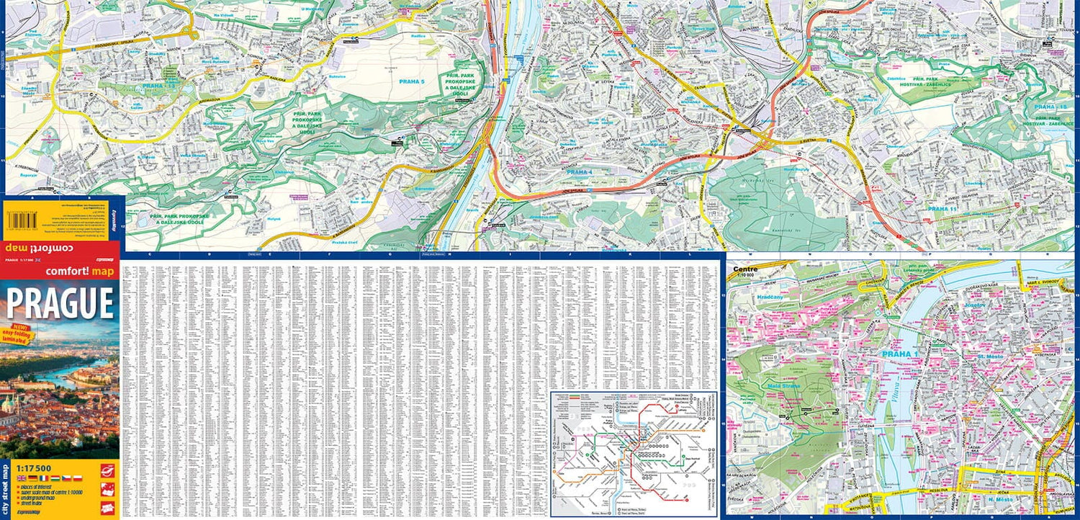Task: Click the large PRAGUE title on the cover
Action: pos(60,304)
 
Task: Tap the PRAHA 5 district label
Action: pos(412,81)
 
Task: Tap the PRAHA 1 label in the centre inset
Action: pos(900,354)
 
